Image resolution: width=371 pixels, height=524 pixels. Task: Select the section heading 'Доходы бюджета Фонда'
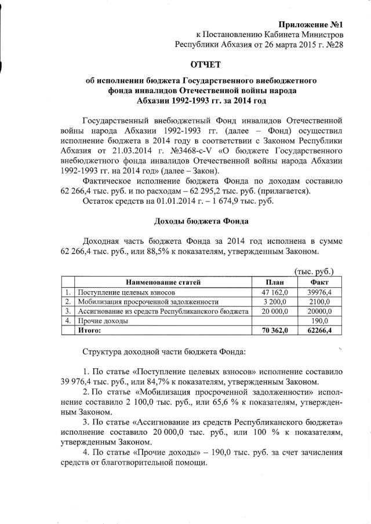coord(201,221)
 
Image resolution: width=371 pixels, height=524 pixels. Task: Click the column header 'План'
coord(271,282)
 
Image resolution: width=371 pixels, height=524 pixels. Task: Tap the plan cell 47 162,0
coord(271,292)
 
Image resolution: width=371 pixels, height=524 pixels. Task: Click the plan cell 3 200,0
coord(271,302)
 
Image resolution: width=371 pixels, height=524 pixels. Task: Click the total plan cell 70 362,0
coord(271,330)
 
